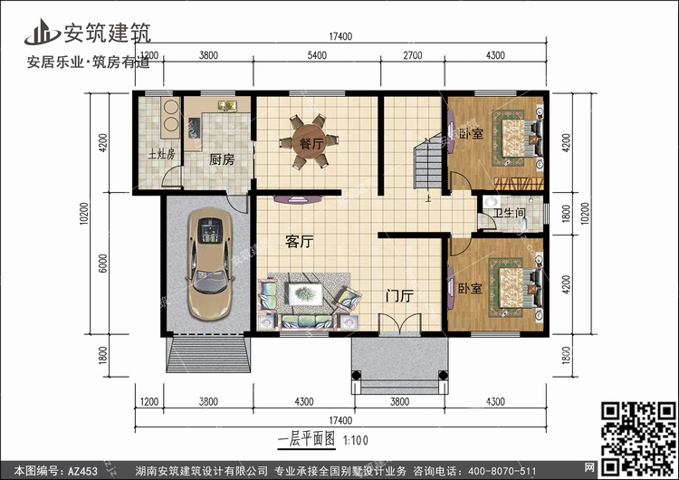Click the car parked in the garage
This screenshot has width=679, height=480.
[x=210, y=264]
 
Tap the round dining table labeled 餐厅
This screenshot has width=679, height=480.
[x=309, y=142]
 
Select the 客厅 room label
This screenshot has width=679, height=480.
[x=300, y=241]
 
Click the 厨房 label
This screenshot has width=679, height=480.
[x=222, y=159]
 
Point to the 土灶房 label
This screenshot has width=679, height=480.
[x=161, y=154]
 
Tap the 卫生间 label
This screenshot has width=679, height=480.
[x=509, y=213]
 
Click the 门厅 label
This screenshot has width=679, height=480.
[x=399, y=296]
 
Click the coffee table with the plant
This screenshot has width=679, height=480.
[x=305, y=294]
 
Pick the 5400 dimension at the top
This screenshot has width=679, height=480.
[x=317, y=55]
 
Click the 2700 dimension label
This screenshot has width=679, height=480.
[x=412, y=55]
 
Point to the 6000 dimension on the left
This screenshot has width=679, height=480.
[x=102, y=263]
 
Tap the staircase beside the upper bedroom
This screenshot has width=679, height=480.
[x=427, y=163]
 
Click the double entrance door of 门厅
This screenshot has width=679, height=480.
[x=399, y=323]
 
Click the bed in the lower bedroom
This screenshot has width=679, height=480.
[x=516, y=288]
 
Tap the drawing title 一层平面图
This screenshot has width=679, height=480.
[x=306, y=439]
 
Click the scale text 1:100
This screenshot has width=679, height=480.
[x=356, y=440]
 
